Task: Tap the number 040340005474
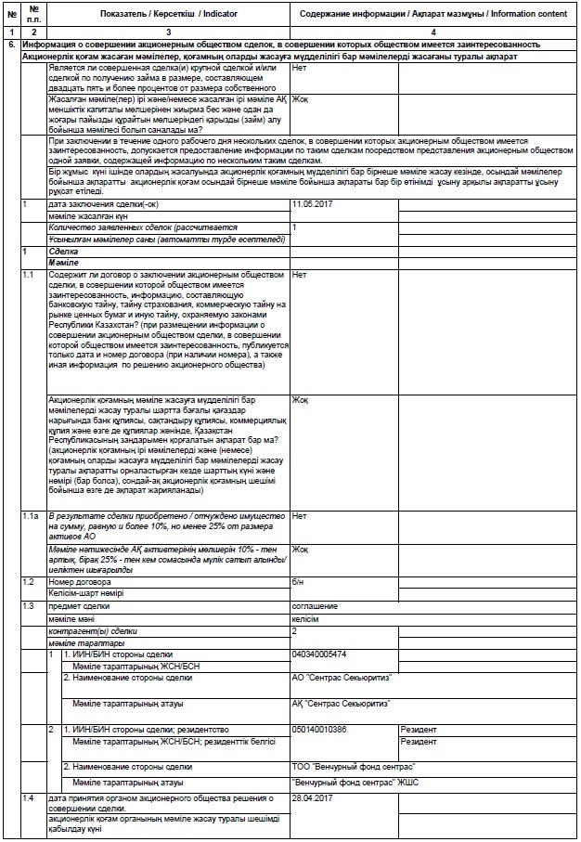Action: (x=319, y=654)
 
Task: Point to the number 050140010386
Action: (x=319, y=729)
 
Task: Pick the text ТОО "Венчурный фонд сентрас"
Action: (x=353, y=766)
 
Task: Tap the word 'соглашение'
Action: (x=315, y=605)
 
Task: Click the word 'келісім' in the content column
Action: (x=305, y=617)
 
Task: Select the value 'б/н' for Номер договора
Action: (x=297, y=581)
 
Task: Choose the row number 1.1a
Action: (x=31, y=514)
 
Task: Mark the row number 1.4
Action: (x=28, y=797)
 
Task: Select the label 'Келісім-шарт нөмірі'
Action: (x=85, y=593)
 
